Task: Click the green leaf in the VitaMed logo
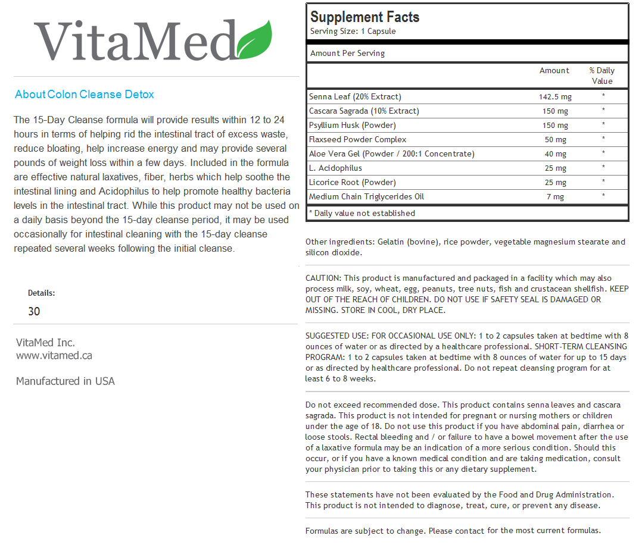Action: pyautogui.click(x=254, y=40)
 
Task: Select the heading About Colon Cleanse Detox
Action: pyautogui.click(x=85, y=95)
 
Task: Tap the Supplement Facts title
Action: pyautogui.click(x=364, y=17)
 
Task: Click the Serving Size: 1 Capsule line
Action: pyautogui.click(x=353, y=32)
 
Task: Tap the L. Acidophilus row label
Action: pyautogui.click(x=335, y=168)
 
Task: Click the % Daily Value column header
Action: pyautogui.click(x=602, y=76)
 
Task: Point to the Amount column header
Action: pyautogui.click(x=554, y=71)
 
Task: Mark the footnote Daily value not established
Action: pyautogui.click(x=362, y=213)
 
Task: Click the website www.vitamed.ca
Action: pyautogui.click(x=54, y=356)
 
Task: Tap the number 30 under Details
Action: pyautogui.click(x=34, y=311)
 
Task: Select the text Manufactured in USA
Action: pyautogui.click(x=66, y=381)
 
